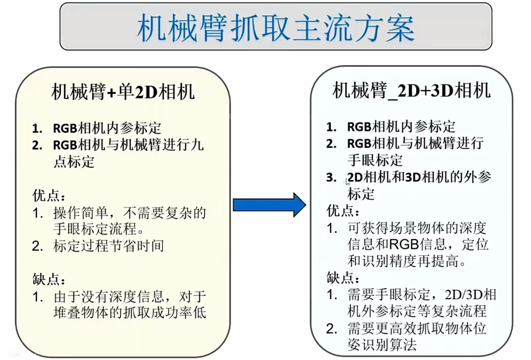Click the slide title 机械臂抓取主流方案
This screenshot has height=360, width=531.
coord(275,27)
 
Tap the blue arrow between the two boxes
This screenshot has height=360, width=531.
coord(269,205)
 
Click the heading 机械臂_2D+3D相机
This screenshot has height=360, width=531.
coord(411,90)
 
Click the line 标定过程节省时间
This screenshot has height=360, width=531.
coord(108,246)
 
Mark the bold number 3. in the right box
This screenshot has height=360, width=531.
coord(331,178)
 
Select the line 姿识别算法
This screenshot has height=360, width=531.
coord(381,346)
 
